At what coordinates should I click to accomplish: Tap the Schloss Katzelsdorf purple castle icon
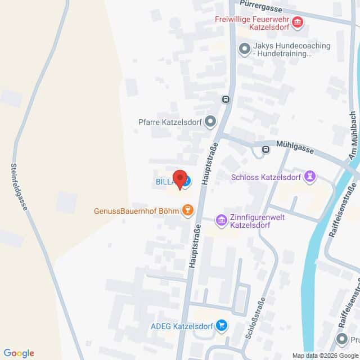pos(309,177)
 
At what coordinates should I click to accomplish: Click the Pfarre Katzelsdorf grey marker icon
pos(210,121)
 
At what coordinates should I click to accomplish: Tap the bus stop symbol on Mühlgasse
pos(265,150)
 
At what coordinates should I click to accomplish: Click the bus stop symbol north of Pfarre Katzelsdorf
pos(226,99)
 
